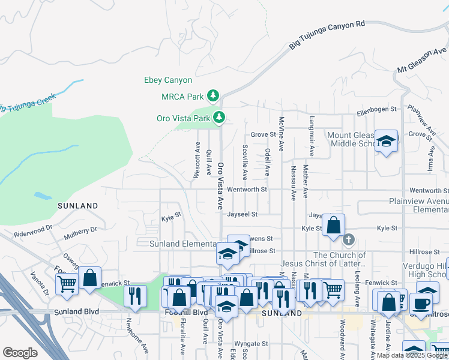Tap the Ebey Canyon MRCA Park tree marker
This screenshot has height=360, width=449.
212,95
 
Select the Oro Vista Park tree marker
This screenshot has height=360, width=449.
220,117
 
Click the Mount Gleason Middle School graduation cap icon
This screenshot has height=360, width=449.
386,141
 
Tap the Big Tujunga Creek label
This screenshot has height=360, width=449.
27,103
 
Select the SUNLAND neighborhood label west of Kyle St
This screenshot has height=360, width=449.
77,206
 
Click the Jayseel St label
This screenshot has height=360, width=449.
242,214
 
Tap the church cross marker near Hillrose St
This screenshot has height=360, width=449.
348,241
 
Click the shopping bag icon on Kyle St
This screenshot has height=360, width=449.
333,226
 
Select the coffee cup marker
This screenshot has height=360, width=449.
423,302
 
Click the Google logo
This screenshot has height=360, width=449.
20,353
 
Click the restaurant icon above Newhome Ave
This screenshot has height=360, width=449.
134,295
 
